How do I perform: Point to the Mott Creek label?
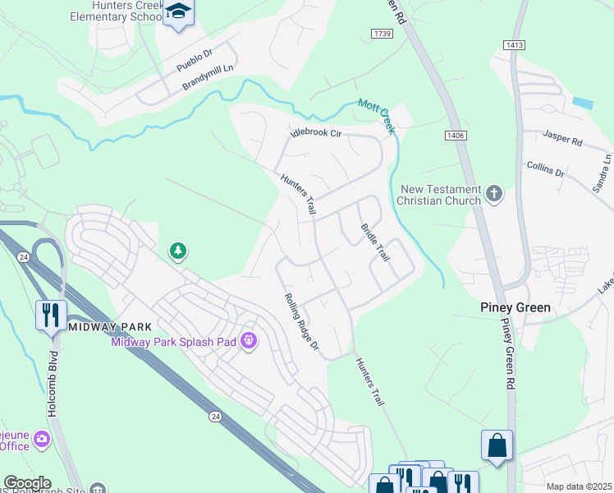pos(376,115)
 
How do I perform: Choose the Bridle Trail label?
pos(375,242)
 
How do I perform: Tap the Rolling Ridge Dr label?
pos(300,322)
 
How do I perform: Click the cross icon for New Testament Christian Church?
pos(493,194)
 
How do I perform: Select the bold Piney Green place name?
pos(515,308)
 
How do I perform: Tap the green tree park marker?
pos(177,251)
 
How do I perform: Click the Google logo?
pos(26,483)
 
